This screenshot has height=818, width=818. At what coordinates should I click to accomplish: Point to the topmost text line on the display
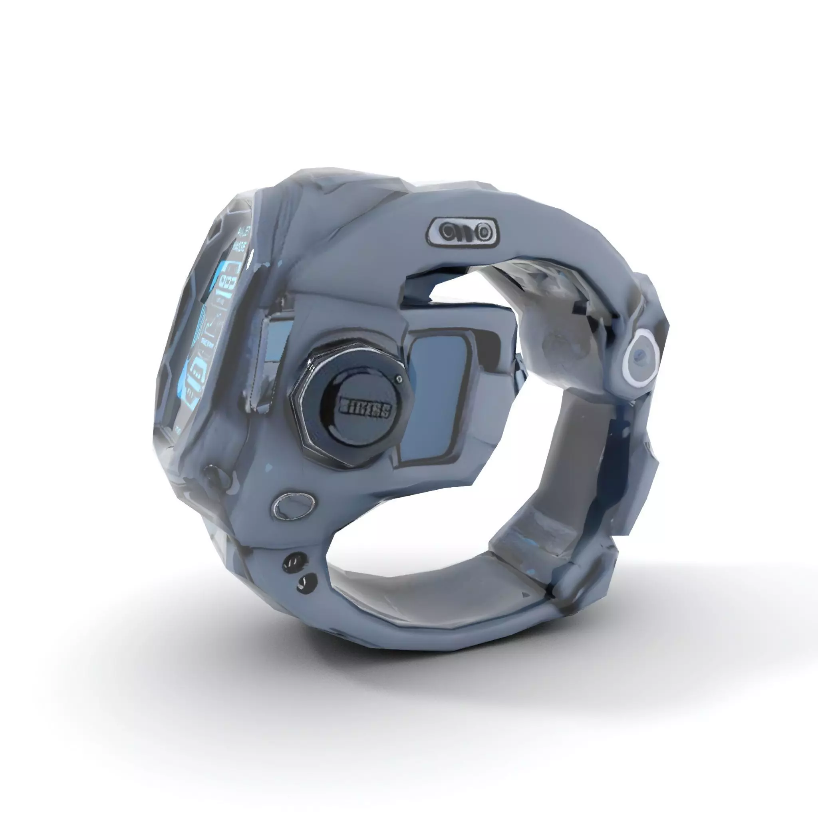[x=245, y=232]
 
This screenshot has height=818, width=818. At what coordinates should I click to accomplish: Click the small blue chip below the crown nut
[x=268, y=468]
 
